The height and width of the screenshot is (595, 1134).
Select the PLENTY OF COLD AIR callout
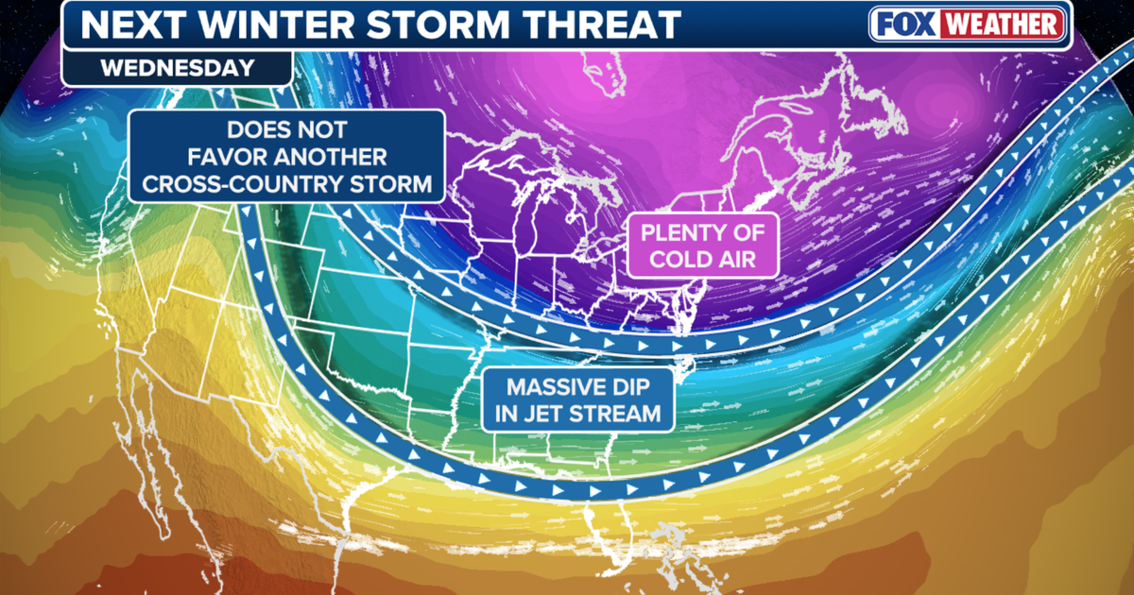click(704, 244)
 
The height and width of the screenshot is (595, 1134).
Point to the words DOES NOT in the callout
click(287, 129)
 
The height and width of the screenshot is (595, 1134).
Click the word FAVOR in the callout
click(197, 157)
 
